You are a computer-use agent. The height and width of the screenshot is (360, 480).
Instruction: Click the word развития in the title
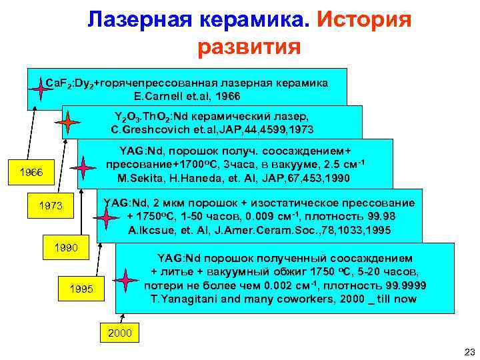click(x=249, y=48)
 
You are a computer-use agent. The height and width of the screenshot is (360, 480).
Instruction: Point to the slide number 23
click(x=467, y=351)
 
